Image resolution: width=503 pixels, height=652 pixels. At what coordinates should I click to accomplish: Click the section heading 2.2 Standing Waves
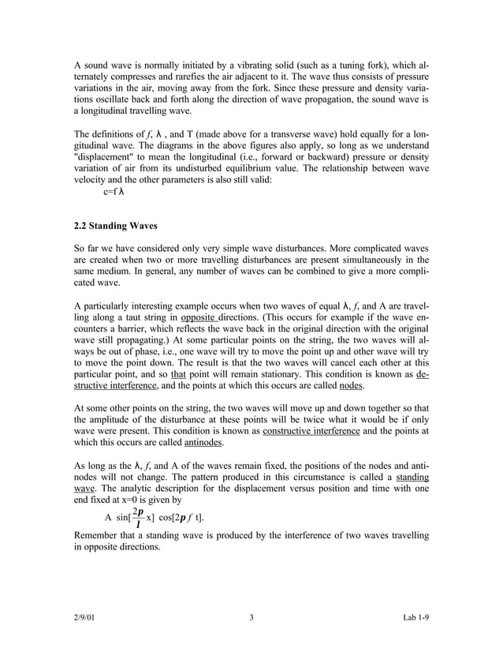tap(116, 225)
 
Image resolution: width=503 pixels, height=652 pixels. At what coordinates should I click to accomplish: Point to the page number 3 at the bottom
tap(251, 617)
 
